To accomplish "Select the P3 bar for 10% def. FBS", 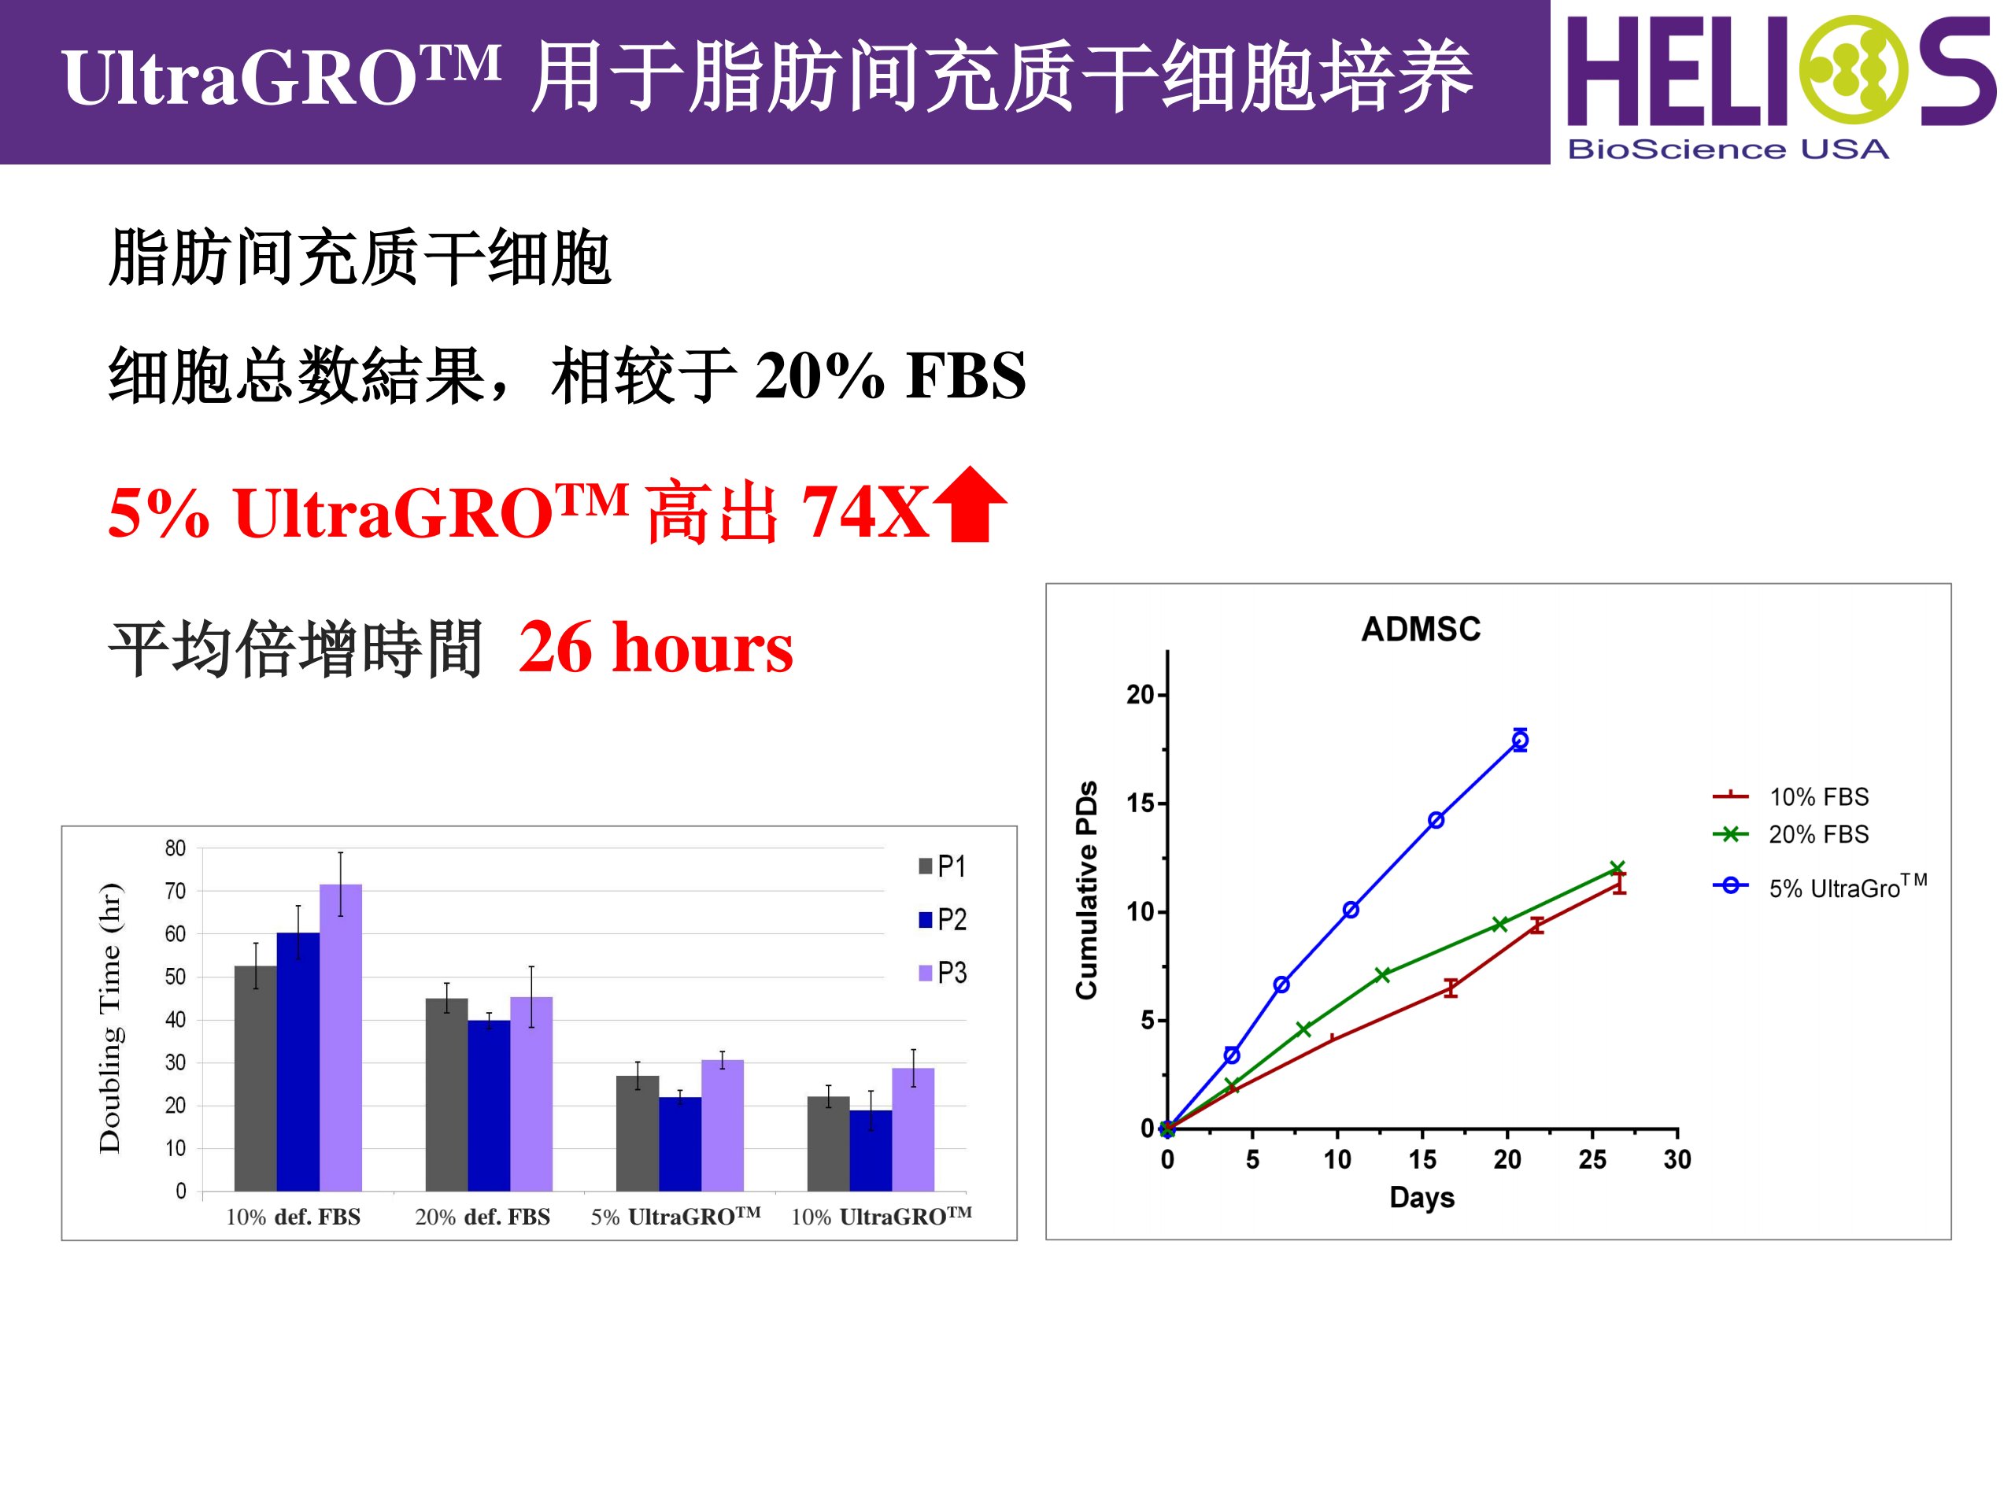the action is click(x=341, y=1037).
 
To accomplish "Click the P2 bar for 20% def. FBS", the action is click(x=489, y=1106).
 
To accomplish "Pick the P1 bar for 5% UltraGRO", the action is click(x=638, y=1133).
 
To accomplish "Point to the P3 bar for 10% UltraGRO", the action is click(x=913, y=1129).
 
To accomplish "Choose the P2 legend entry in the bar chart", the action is click(x=943, y=919).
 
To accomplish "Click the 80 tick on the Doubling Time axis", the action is click(x=175, y=848).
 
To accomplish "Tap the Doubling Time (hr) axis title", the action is click(x=110, y=1018).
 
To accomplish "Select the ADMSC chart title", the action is click(x=1421, y=630).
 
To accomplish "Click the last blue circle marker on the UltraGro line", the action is click(x=1519, y=741).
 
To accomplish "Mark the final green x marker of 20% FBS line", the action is click(x=1618, y=869).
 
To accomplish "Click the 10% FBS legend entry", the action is click(x=1791, y=797).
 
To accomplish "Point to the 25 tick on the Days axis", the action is click(x=1592, y=1159).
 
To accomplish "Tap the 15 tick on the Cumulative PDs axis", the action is click(x=1141, y=804).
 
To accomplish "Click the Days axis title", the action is click(x=1422, y=1198).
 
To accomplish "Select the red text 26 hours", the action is click(x=656, y=648).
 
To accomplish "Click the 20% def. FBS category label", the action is click(x=482, y=1217).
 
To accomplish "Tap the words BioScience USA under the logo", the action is click(x=1728, y=149).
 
